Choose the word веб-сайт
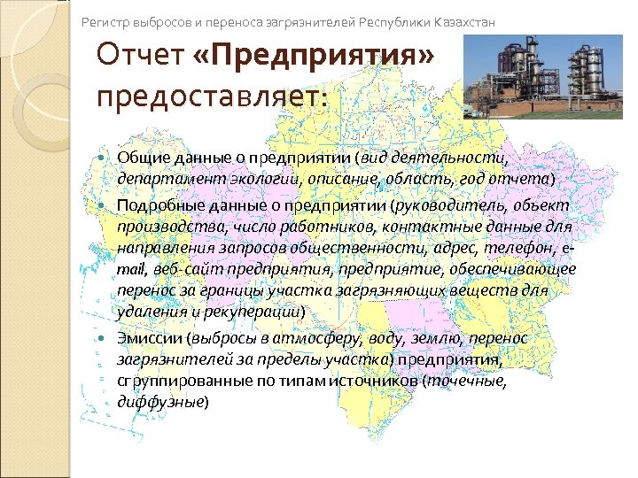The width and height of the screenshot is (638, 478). (x=191, y=270)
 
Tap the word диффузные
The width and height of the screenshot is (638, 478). (x=160, y=402)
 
